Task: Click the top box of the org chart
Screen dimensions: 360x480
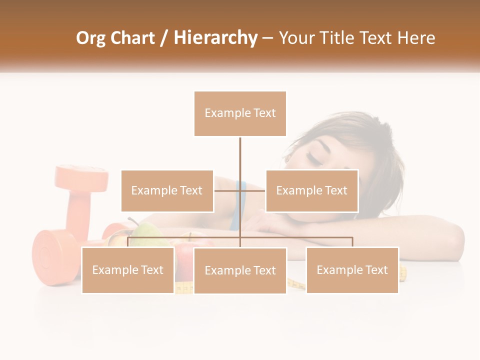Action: [x=240, y=113]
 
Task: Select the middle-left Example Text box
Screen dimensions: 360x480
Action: [x=167, y=190]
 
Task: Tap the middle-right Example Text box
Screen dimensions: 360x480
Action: [x=311, y=190]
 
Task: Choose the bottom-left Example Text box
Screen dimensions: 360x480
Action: [x=128, y=270]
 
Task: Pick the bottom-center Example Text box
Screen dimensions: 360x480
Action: [x=240, y=270]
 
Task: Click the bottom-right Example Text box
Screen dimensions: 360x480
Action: [x=352, y=270]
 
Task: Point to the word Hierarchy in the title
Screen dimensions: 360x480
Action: [x=215, y=38]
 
